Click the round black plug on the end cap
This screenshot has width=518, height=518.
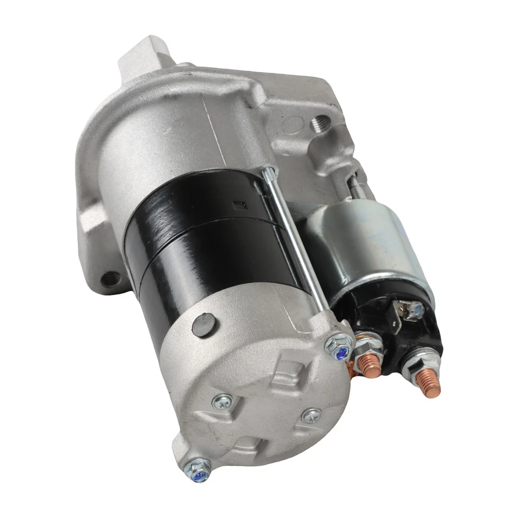[x=203, y=325]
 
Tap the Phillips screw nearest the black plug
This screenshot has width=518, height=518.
[x=222, y=401]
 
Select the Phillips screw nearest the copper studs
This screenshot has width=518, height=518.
[x=311, y=415]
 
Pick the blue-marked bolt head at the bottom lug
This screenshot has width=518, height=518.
[x=199, y=472]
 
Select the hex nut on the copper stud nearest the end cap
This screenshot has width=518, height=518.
[x=367, y=351]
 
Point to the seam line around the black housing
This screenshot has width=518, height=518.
[x=205, y=227]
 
